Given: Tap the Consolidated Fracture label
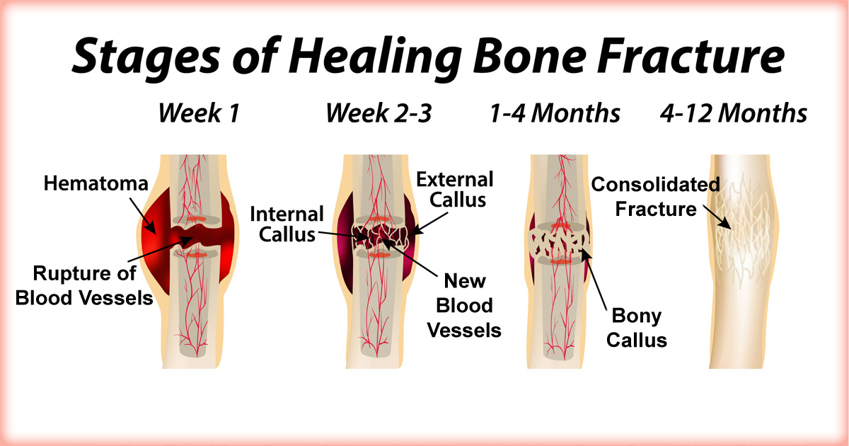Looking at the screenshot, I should click(655, 197).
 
